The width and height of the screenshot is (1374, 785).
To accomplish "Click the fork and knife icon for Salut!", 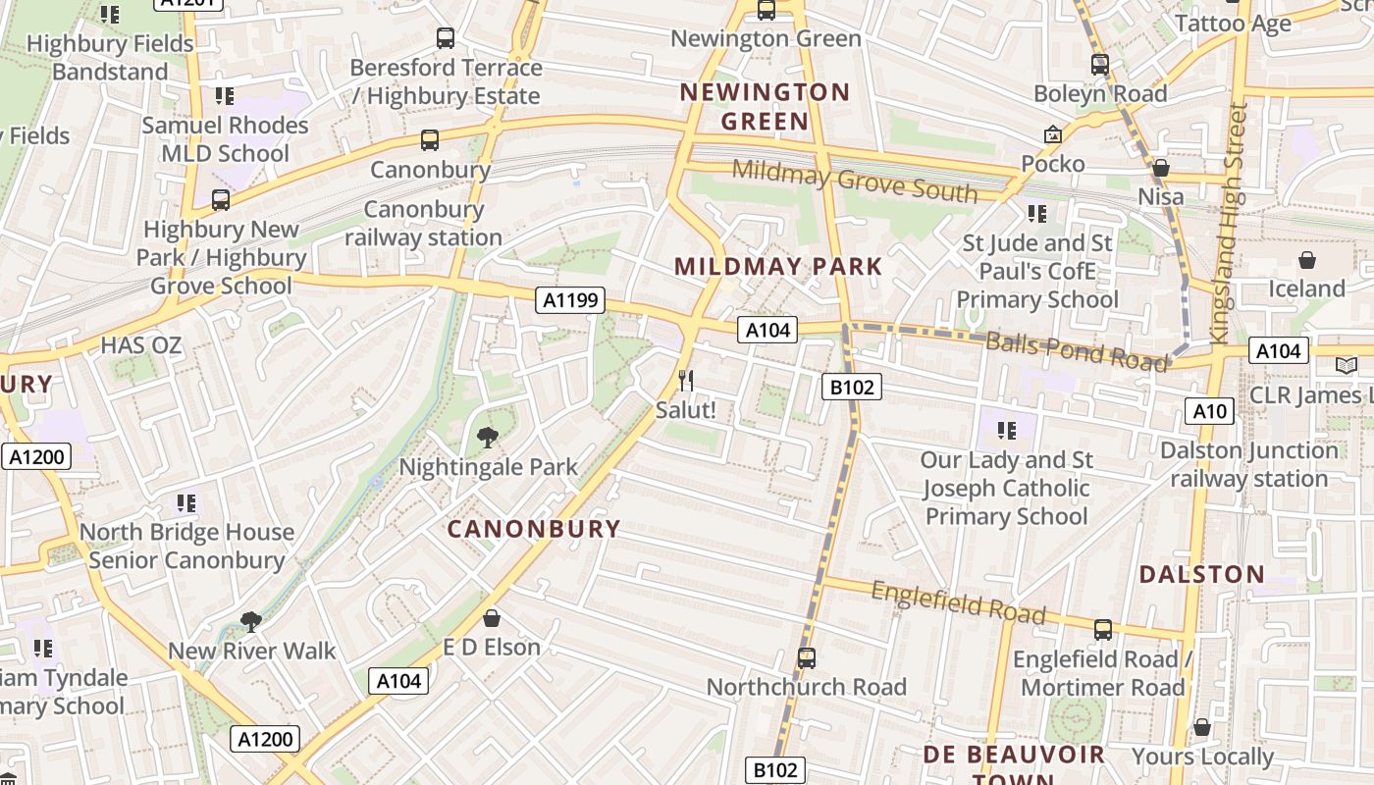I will point(686,380).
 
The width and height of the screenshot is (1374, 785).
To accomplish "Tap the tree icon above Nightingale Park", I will point(487,438).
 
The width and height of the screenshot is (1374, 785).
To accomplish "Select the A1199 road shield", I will point(570,300).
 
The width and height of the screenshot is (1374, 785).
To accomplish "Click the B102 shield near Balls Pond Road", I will point(851,387).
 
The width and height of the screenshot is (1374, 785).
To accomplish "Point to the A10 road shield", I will point(1209,410).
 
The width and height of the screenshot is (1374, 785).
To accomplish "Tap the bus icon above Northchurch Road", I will point(806,657).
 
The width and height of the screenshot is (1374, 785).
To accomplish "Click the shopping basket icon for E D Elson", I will point(492,617).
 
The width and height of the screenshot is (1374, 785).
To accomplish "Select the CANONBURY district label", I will point(534,529).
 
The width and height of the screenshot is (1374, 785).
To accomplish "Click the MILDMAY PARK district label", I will point(778,266).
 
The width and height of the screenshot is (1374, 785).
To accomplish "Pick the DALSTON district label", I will point(1201,574).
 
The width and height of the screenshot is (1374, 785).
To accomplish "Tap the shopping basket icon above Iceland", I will point(1306,260).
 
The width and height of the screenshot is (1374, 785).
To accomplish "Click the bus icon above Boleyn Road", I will point(1100,65).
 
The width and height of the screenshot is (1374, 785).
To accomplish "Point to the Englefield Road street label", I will point(958,602).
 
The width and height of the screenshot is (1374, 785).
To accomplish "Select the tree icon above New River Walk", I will point(250,621).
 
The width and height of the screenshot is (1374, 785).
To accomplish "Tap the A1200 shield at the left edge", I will point(36,456).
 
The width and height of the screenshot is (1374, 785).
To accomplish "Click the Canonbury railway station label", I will point(423,223).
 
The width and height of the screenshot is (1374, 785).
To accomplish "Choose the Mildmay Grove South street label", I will point(855,182).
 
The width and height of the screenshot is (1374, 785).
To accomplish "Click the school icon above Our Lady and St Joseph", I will point(1006,430).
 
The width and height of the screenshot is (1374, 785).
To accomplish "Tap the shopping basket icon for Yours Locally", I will point(1201,727).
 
